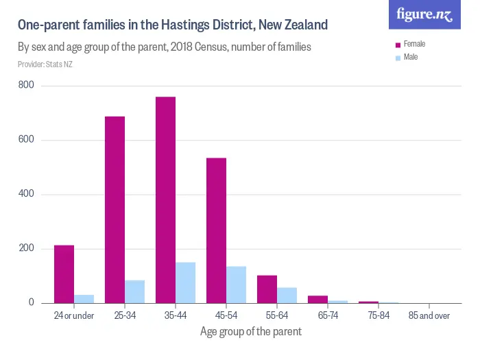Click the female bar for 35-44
165,200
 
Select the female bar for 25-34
115,209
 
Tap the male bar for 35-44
185,283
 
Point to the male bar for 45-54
236,285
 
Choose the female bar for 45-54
216,230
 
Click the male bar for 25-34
134,291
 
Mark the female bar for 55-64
267,289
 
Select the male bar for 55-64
287,295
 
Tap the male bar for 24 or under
84,299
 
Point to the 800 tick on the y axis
27,86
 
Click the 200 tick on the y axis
27,248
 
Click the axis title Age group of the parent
250,332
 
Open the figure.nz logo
424,14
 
